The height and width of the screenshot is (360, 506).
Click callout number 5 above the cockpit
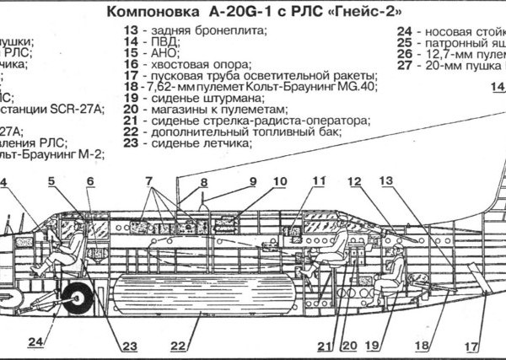click(51, 180)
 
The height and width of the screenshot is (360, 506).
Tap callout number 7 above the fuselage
click(148, 180)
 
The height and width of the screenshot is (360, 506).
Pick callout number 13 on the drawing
click(386, 180)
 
